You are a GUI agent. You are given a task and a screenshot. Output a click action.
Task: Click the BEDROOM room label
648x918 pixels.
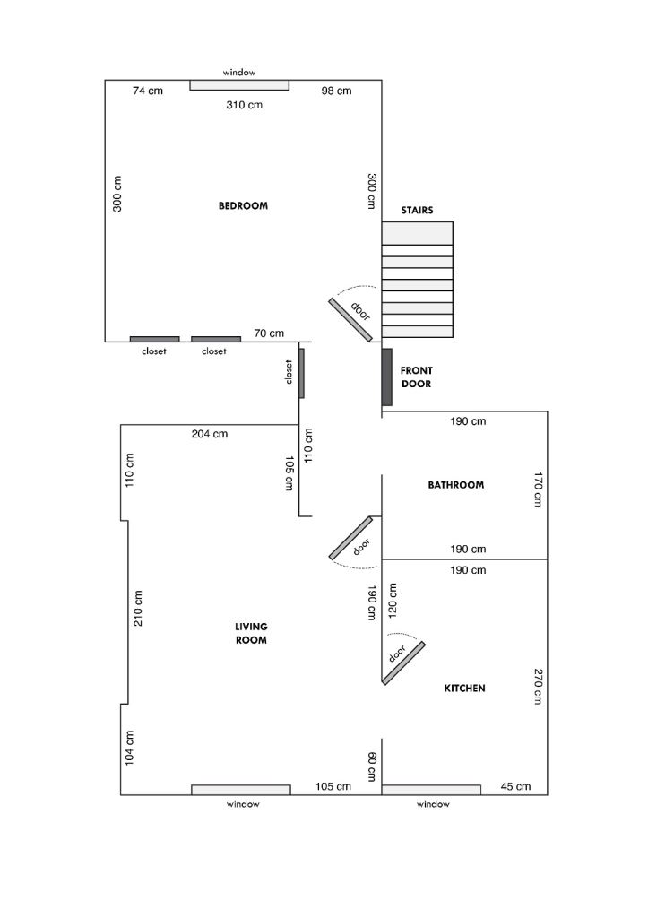[243, 205]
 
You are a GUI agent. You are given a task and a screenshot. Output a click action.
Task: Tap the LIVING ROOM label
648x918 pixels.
[251, 633]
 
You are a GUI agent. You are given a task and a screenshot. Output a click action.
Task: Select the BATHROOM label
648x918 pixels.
[456, 485]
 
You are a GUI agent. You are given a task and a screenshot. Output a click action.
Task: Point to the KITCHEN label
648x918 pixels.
[465, 688]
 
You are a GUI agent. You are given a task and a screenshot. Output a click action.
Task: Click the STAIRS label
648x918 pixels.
[417, 210]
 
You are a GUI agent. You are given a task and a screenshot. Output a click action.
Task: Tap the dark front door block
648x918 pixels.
[387, 377]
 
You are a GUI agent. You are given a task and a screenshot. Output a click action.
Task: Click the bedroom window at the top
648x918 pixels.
[239, 85]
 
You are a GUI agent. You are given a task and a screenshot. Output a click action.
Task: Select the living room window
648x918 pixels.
[241, 790]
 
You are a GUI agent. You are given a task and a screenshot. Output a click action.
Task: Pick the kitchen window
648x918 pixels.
[431, 790]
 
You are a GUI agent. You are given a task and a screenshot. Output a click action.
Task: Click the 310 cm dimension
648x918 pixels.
[244, 106]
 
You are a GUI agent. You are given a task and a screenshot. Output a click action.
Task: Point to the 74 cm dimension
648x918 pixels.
[148, 91]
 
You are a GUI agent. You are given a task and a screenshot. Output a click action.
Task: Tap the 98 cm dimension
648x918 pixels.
[337, 91]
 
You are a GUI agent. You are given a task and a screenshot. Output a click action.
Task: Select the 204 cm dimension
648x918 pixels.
[210, 434]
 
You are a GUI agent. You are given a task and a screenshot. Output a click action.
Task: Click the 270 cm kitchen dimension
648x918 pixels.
[538, 686]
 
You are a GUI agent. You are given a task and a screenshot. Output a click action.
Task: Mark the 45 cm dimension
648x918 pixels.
[515, 786]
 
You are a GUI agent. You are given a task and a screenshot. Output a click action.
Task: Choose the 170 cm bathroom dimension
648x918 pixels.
[538, 489]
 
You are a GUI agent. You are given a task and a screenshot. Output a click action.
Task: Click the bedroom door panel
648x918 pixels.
[350, 320]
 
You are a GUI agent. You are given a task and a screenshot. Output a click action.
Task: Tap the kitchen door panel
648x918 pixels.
[403, 663]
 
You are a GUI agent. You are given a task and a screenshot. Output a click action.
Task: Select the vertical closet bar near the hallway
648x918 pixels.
[301, 374]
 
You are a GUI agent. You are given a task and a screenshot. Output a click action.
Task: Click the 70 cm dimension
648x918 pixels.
[269, 333]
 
